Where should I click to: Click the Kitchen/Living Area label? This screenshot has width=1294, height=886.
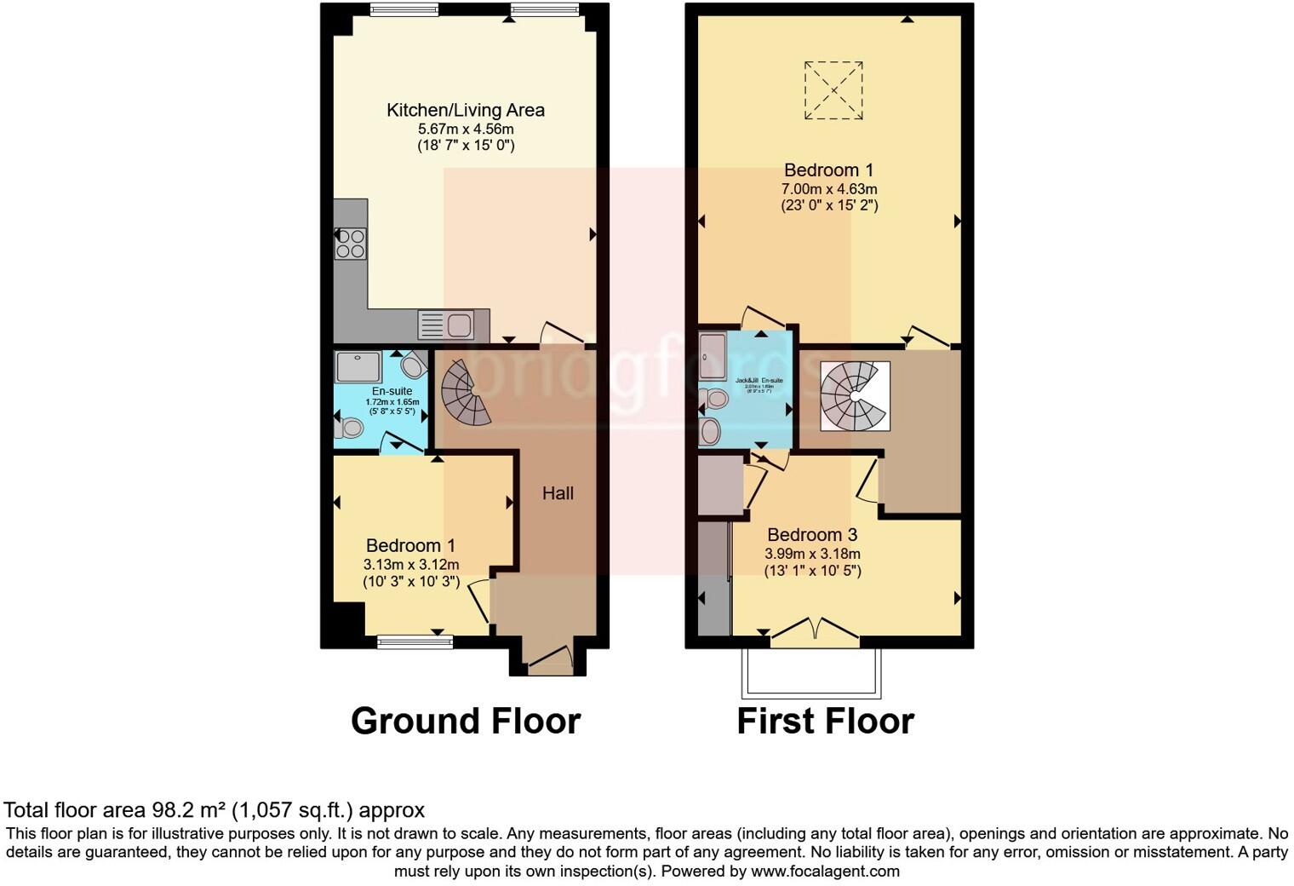[465, 110]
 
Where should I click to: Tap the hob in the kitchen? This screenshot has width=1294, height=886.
[351, 243]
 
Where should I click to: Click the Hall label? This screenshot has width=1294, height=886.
[558, 493]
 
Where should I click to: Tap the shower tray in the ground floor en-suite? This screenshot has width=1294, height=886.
[358, 366]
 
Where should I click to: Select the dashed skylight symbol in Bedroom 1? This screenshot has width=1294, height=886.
[833, 90]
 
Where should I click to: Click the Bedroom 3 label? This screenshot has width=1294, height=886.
[811, 535]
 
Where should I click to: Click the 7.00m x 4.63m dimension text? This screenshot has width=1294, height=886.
[828, 189]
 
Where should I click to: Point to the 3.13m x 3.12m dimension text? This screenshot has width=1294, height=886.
[411, 565]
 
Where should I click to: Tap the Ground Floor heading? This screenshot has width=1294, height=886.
[465, 722]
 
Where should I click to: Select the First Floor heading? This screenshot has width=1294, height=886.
[824, 722]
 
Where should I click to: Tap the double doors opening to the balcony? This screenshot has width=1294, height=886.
[815, 630]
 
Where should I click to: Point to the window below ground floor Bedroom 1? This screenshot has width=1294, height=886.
[415, 643]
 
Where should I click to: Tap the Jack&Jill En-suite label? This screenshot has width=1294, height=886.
[759, 381]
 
